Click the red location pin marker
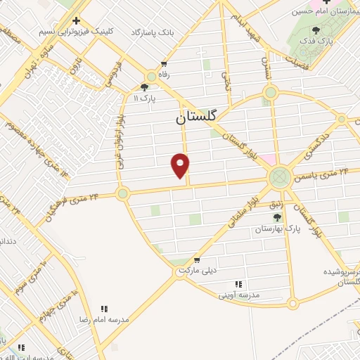(x=181, y=165)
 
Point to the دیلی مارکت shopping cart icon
(x=197, y=260)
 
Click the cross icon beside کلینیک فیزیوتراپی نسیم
(x=76, y=20)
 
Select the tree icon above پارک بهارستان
(x=277, y=217)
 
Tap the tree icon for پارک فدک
(x=316, y=31)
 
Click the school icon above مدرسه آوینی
(x=238, y=284)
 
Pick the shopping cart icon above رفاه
(x=164, y=63)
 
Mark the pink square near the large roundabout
(x=270, y=159)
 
